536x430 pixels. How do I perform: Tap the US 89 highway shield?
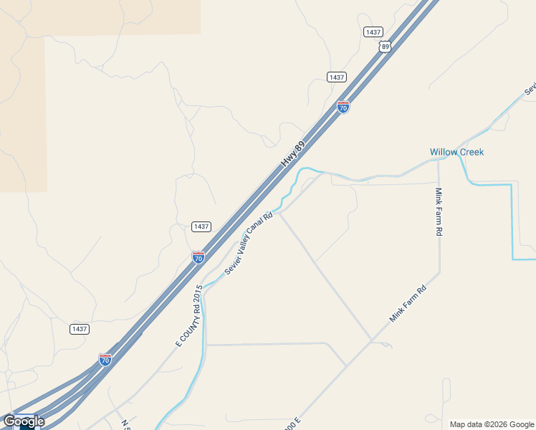[x=386, y=47]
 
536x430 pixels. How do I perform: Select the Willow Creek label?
[x=456, y=152]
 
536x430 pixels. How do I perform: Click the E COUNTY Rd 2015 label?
[x=189, y=316]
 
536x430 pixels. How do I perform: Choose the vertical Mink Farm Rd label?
[x=439, y=212]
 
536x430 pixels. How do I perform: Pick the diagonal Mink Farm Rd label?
[x=407, y=303]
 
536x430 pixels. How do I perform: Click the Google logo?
[x=23, y=421]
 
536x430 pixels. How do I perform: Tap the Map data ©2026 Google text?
[x=491, y=424]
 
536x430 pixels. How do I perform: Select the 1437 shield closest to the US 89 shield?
[x=373, y=32]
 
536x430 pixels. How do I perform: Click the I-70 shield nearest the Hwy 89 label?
[x=343, y=107]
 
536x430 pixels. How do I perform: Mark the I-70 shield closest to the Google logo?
[x=105, y=359]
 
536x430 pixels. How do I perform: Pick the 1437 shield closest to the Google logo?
[x=80, y=329]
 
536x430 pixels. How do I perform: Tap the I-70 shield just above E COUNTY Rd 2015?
[x=198, y=257]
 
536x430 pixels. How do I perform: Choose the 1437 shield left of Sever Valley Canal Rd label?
[x=201, y=226]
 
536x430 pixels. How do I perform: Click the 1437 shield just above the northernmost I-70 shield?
[x=336, y=77]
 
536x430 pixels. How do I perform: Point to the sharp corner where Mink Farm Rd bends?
[x=439, y=272]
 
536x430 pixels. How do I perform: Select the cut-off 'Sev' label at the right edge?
[x=530, y=90]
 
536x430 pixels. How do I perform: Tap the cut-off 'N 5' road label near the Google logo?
[x=126, y=424]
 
